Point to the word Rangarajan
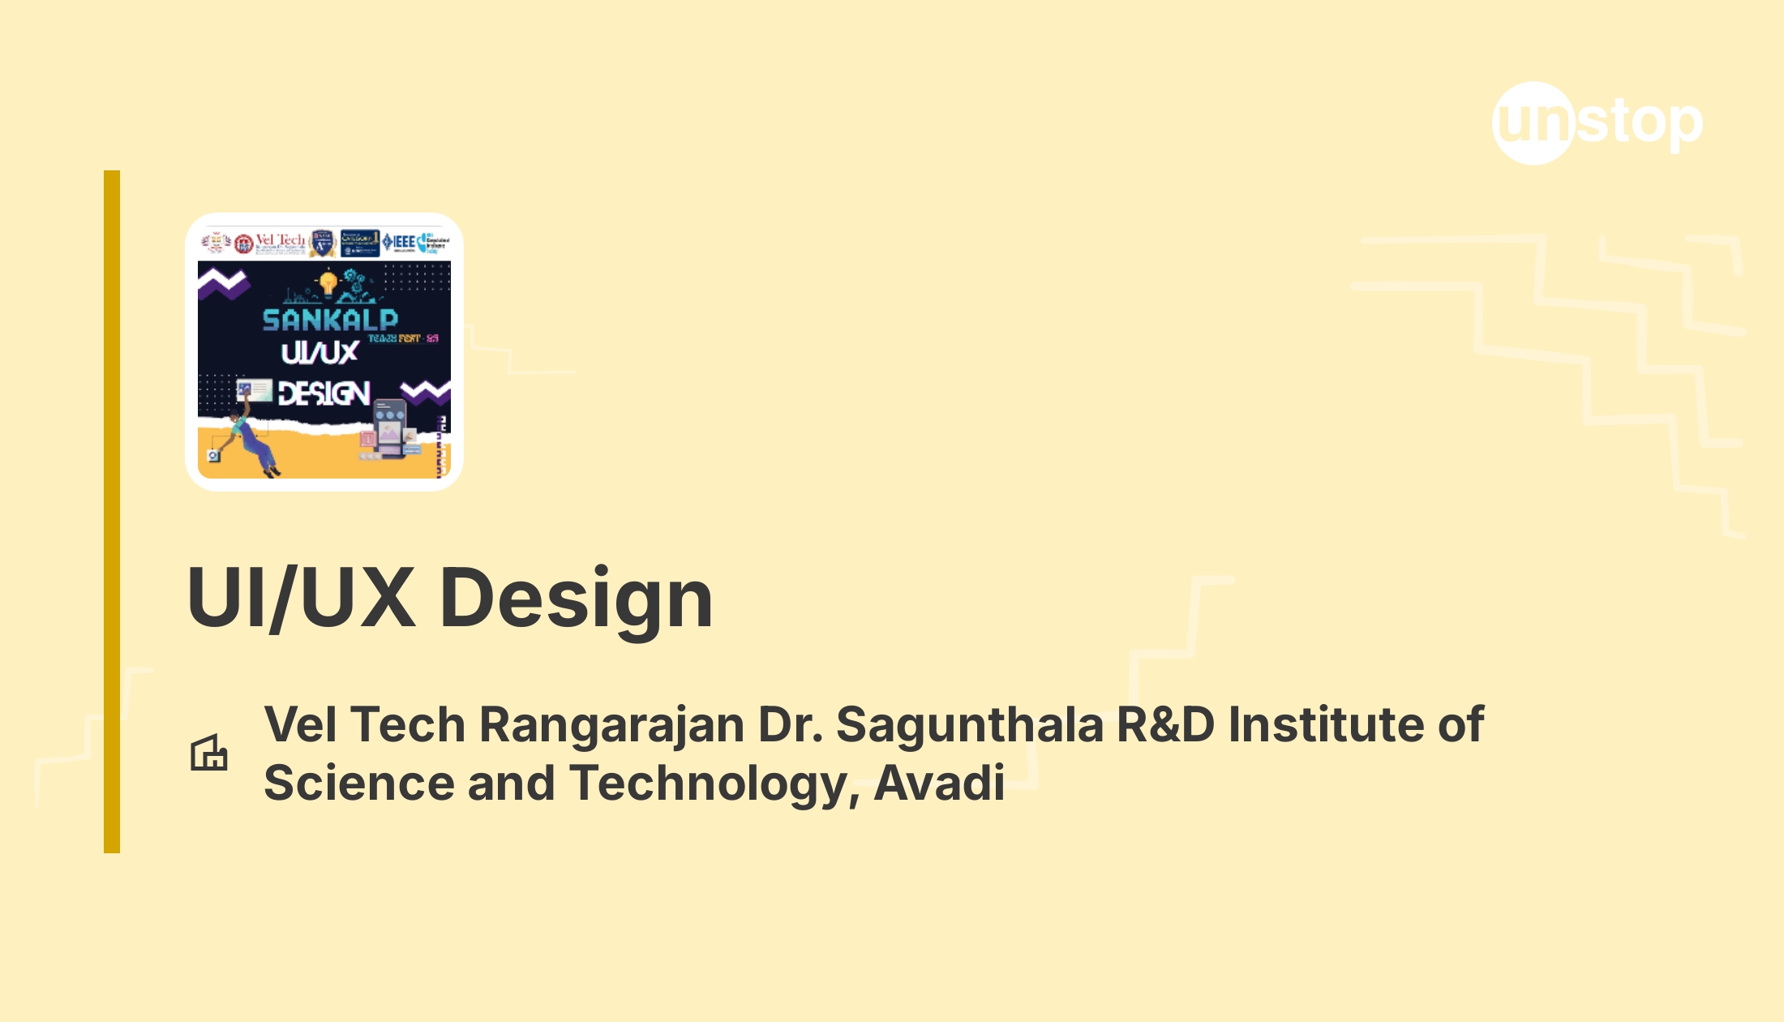(612, 724)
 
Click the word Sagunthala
(970, 724)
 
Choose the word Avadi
(940, 783)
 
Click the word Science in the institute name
(359, 783)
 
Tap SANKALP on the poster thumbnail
(330, 320)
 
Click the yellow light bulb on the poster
(328, 283)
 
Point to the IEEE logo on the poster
(399, 242)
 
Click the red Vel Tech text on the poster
(281, 240)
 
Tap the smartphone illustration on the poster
(390, 426)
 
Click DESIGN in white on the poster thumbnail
(324, 394)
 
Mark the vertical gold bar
(112, 511)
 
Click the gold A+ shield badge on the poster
(323, 243)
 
